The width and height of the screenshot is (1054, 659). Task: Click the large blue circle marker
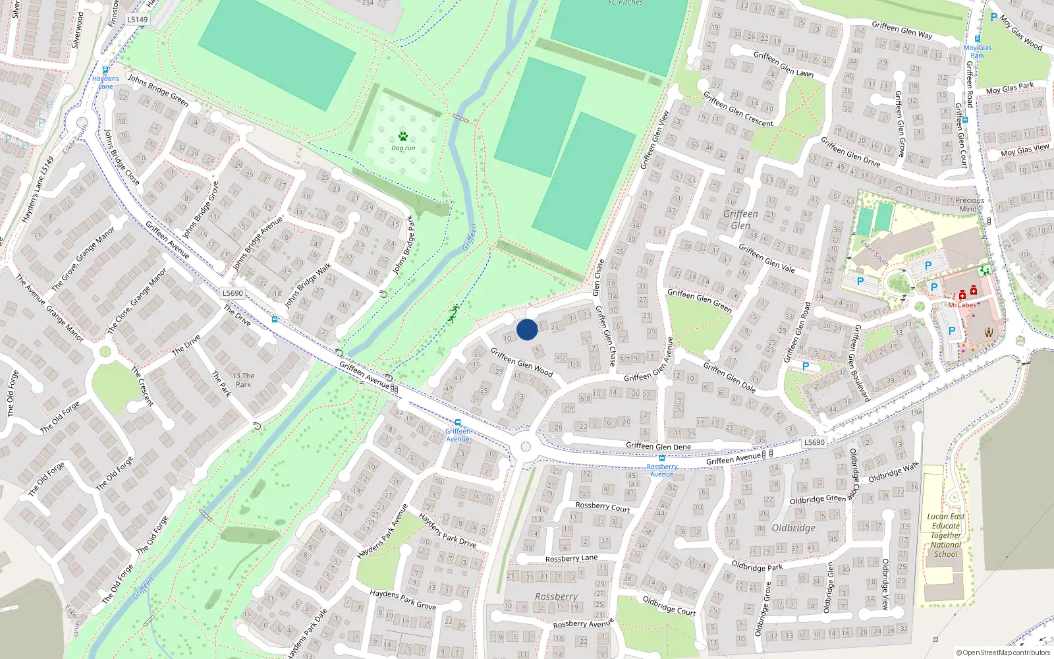527,329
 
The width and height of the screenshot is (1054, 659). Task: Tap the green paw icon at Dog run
402,136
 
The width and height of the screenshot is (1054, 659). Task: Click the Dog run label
403,148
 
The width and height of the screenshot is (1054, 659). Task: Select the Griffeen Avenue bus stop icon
457,422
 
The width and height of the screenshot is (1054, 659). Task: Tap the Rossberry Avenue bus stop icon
662,458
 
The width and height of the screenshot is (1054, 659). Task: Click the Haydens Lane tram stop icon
105,69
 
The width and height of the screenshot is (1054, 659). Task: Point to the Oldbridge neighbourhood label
793,528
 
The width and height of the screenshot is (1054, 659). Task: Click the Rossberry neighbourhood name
556,596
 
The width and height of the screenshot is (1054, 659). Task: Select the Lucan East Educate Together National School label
946,535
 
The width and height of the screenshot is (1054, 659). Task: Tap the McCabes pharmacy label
962,305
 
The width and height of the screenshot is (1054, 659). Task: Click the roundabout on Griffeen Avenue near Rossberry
525,447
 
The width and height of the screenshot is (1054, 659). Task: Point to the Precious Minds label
970,204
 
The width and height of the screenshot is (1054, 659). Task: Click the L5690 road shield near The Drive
233,293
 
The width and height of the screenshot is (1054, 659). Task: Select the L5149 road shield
137,19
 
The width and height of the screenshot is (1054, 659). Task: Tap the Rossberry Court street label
603,507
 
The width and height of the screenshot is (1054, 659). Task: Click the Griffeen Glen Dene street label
658,446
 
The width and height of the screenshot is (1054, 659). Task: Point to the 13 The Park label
243,380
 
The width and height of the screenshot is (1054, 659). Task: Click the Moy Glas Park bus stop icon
977,40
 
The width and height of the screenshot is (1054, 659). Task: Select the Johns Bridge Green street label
158,90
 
